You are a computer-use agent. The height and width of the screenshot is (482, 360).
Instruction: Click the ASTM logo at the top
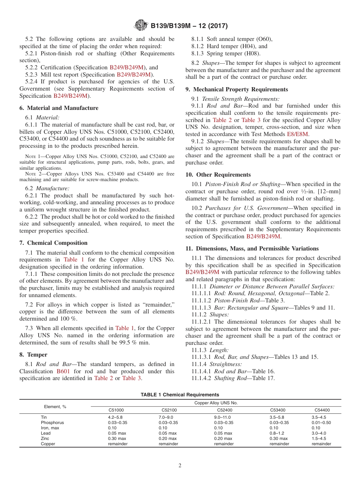click(142, 26)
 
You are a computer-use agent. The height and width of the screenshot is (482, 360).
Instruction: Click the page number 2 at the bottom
click(180, 466)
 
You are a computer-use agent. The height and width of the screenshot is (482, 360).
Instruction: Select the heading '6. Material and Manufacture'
click(59, 108)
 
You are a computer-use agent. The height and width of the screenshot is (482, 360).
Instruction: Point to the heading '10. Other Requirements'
click(218, 175)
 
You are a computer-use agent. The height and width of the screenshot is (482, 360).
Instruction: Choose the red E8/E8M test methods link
click(298, 134)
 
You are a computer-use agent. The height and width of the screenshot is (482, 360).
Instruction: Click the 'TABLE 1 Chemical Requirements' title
click(180, 394)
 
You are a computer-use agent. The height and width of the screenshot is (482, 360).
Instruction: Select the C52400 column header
click(225, 410)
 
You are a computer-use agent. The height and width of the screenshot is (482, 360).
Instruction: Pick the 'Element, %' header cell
click(55, 407)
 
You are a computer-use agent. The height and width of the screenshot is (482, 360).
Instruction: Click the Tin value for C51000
click(115, 417)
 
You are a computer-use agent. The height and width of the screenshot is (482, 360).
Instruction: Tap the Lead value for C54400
click(319, 433)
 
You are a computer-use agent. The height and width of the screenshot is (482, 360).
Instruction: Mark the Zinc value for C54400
click(319, 438)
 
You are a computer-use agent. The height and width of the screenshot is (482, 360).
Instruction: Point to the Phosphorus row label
click(52, 423)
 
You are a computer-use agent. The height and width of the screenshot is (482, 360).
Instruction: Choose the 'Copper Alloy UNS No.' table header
click(216, 403)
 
